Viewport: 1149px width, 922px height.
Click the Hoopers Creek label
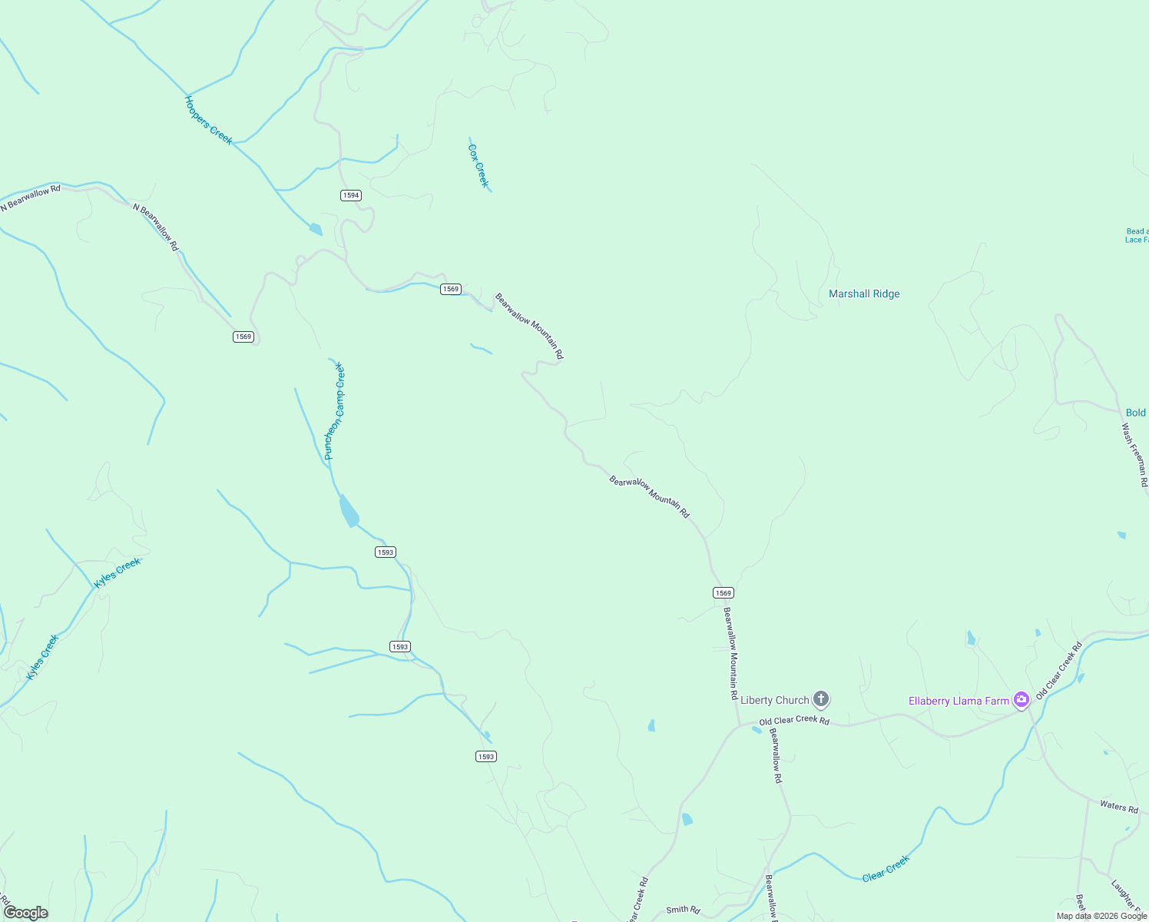tap(208, 120)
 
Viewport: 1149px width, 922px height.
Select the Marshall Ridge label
tap(864, 294)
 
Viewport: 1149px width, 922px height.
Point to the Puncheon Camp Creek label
tap(335, 411)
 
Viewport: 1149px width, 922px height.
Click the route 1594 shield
tap(351, 195)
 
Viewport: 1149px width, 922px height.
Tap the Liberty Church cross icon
tap(821, 699)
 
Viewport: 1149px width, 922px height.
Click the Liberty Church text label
tap(774, 700)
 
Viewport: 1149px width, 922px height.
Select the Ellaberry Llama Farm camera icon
tap(1021, 700)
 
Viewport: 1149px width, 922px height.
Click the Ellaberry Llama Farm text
tap(959, 701)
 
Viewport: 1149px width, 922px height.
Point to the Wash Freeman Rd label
tap(1134, 455)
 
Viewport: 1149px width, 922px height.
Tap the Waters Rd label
tap(1118, 806)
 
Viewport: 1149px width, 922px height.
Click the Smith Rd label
tap(683, 910)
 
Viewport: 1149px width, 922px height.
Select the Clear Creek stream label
tap(886, 868)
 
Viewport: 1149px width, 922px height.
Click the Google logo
tap(26, 912)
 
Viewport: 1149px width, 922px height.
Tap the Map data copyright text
tap(1101, 916)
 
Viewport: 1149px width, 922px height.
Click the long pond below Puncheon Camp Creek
tap(349, 511)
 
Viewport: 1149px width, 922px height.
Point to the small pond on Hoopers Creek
tap(315, 229)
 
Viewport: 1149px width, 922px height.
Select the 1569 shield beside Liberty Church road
tap(723, 592)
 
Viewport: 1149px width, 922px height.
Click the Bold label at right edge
tap(1135, 413)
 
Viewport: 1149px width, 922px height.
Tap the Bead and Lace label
tap(1137, 235)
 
